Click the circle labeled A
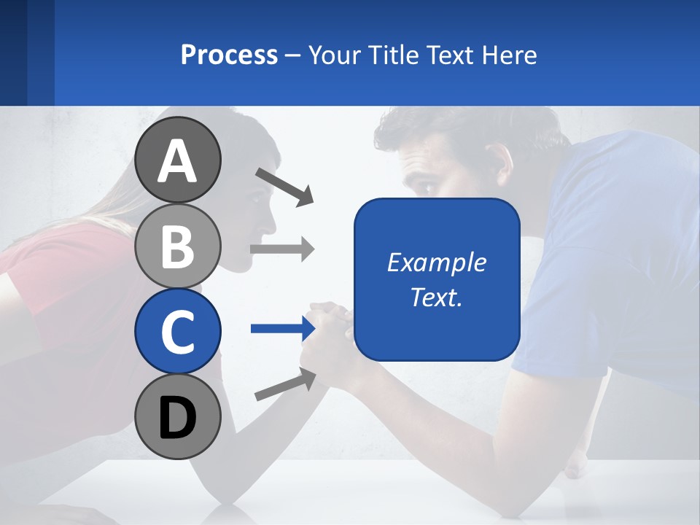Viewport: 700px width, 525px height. click(178, 160)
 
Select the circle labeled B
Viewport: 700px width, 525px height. click(178, 246)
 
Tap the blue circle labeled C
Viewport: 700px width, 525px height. click(178, 331)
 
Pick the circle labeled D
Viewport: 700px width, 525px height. click(178, 416)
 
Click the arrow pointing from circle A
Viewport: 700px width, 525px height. click(284, 187)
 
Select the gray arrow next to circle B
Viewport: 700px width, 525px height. click(281, 249)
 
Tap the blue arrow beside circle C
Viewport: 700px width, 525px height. click(281, 329)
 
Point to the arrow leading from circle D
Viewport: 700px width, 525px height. click(284, 385)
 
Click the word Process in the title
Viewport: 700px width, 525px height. click(229, 55)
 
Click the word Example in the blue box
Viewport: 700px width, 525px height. click(436, 262)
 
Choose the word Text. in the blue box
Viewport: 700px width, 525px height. click(436, 297)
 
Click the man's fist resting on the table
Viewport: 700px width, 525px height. click(576, 463)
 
